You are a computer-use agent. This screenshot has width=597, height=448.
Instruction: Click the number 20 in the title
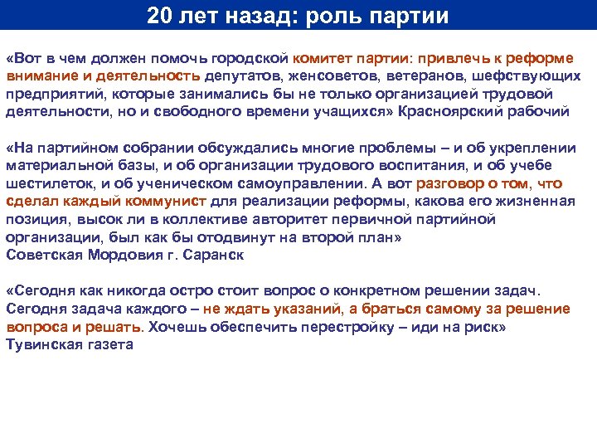162,16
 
